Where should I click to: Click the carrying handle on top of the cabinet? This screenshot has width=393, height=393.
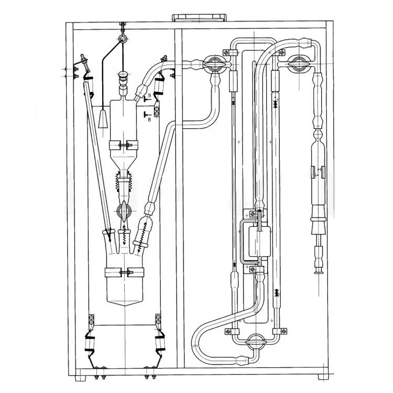coord(199,18)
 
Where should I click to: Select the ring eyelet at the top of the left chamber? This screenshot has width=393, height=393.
coord(123,38)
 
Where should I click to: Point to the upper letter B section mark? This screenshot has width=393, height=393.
coord(150,95)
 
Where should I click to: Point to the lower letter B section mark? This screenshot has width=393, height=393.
coord(150,119)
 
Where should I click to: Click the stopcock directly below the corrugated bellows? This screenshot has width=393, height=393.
coord(123,210)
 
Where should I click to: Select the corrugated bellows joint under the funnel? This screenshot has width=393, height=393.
coord(123,182)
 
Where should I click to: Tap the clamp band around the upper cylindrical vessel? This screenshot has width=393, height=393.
coord(124,145)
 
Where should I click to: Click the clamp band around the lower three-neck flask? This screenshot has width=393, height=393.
coord(124,272)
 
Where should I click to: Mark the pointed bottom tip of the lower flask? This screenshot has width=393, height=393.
coord(125,307)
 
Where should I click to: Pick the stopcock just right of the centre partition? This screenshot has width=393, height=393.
coord(215,64)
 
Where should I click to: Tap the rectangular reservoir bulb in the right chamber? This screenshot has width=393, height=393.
coord(259,241)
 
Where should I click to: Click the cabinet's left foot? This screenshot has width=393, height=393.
coord(81,377)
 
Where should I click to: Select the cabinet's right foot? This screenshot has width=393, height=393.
coord(323,377)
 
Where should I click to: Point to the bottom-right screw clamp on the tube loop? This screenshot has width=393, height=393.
coord(280,331)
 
